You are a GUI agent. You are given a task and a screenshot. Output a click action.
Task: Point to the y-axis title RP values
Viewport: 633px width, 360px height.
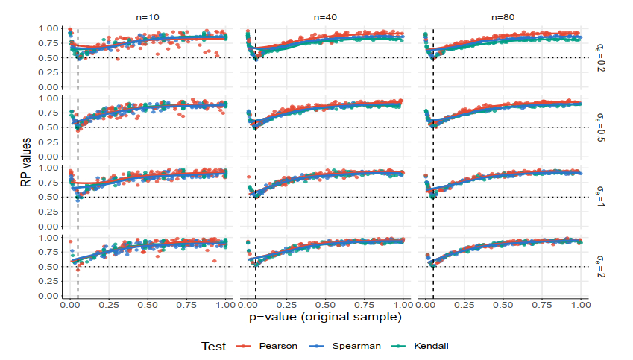coord(26,162)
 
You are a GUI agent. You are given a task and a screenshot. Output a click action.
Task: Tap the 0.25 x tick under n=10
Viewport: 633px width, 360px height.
coord(109,305)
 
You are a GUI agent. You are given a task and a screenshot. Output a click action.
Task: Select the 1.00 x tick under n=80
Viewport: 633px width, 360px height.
coord(581,305)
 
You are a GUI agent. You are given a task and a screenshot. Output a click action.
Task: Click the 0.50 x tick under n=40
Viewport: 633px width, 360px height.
coord(325,305)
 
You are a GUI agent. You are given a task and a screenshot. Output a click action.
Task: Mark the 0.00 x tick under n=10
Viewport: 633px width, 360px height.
coord(70,305)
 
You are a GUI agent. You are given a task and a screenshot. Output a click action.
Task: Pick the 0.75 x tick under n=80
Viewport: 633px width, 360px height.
coord(542,305)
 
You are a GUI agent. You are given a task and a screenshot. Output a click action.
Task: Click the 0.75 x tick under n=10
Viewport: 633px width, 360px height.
coord(187,305)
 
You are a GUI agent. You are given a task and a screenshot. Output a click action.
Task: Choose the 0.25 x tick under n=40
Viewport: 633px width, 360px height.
coord(286,305)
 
